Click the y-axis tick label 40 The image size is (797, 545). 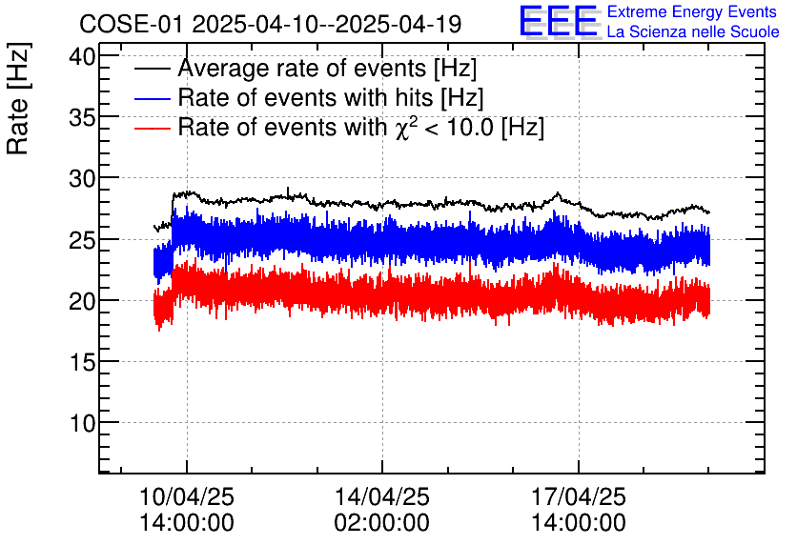point(84,55)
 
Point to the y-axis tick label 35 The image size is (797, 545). point(84,117)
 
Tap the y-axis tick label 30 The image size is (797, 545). point(84,178)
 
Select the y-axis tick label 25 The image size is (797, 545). point(84,239)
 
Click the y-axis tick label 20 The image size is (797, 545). point(84,300)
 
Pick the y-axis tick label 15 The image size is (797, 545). point(84,361)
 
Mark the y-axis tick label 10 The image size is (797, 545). point(84,422)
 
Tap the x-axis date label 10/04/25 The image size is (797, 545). point(187,497)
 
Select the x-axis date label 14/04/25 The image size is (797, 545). point(381,497)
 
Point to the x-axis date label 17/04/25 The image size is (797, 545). point(579,497)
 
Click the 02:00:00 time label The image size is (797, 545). point(381,523)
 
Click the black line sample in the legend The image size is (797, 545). point(153,70)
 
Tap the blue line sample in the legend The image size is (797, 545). point(153,98)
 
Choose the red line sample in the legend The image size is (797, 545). point(153,127)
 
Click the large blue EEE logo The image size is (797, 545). point(559,22)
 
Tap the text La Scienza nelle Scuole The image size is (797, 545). point(693,32)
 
